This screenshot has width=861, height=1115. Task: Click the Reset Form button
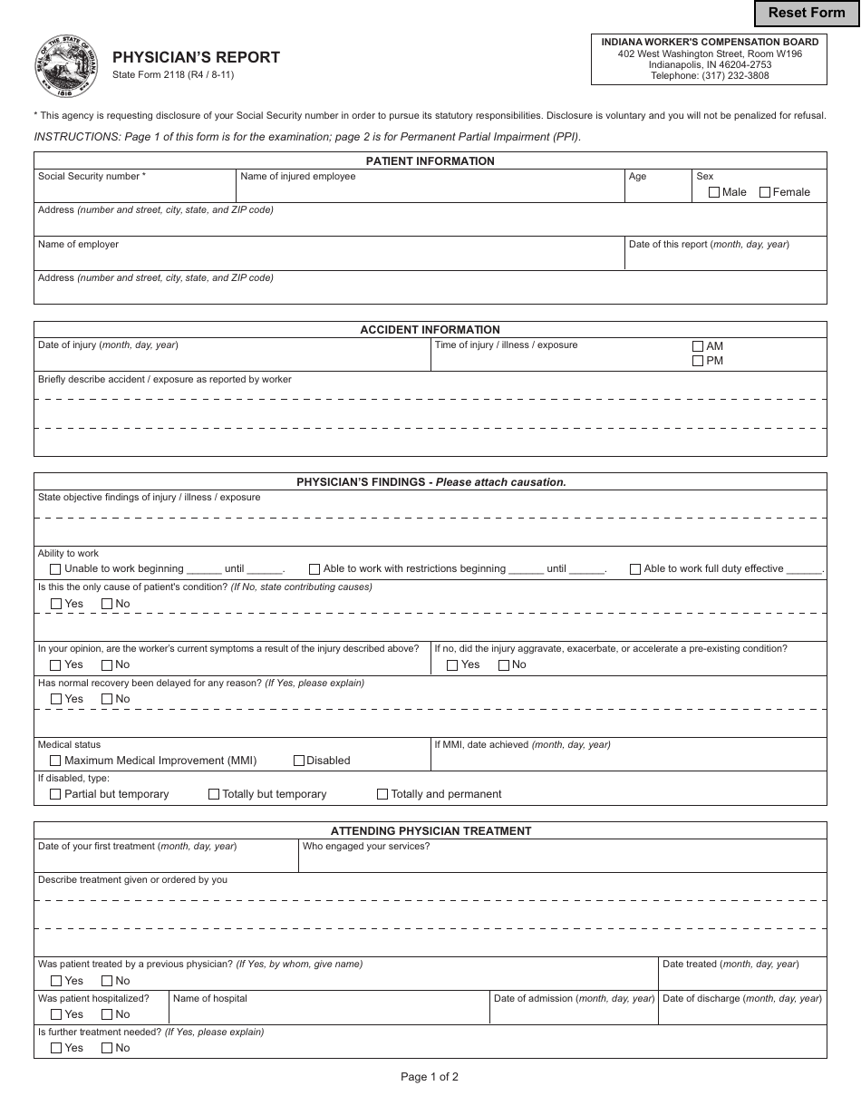[x=807, y=13]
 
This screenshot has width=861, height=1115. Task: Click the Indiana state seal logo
[x=66, y=67]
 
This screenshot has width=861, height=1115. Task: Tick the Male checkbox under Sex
[x=714, y=192]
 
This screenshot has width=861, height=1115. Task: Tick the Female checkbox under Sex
[x=765, y=192]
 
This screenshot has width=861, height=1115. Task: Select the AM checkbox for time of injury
[x=698, y=346]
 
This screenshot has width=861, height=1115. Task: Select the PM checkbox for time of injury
[x=698, y=361]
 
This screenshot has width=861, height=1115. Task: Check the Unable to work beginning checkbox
[x=55, y=569]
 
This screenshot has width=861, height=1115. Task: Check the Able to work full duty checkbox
[x=635, y=569]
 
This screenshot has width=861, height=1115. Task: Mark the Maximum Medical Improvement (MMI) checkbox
[x=55, y=761]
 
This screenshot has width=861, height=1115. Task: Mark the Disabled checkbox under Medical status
[x=299, y=761]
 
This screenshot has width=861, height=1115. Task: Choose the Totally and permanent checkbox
[x=382, y=794]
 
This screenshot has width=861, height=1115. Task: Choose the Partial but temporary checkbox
[x=55, y=794]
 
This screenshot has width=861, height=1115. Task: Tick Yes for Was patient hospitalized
[x=56, y=1014]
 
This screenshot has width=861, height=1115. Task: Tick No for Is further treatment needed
[x=107, y=1048]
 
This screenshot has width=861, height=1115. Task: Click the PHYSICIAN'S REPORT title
[x=196, y=58]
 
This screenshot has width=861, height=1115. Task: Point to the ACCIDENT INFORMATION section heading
[x=430, y=330]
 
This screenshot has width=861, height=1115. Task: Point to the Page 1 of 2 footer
[x=430, y=1077]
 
